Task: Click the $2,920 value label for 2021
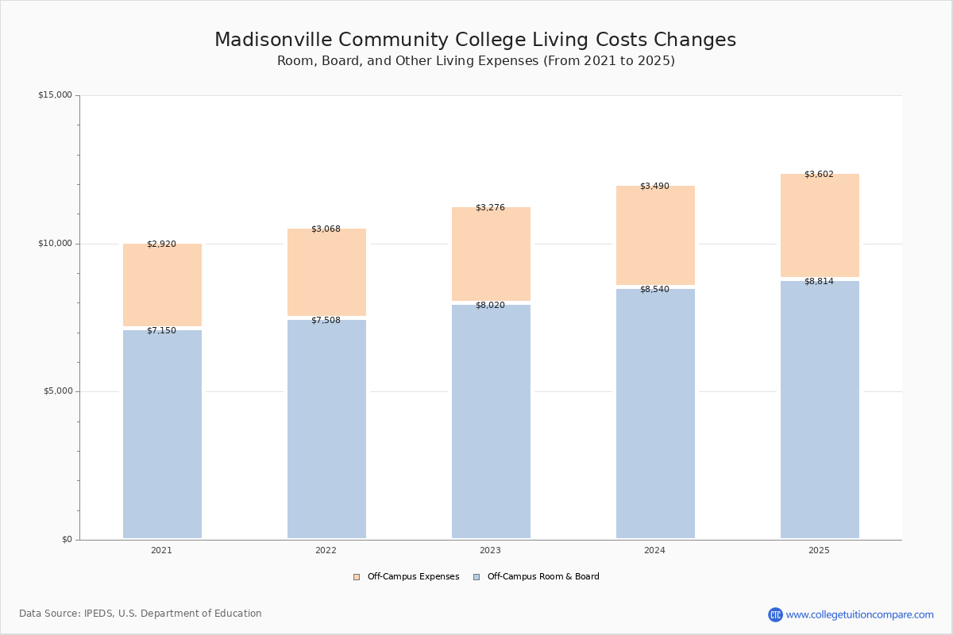pos(161,244)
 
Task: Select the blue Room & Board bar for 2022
pos(326,429)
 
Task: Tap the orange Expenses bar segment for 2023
pos(491,254)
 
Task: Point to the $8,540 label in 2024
pos(654,289)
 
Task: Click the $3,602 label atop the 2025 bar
pos(819,174)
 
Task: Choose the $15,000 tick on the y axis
pos(55,94)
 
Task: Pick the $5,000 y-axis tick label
pos(58,391)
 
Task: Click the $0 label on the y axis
pos(68,540)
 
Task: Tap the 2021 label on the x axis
pos(161,550)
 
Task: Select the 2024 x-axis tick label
pos(654,550)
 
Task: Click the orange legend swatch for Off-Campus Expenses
pos(357,577)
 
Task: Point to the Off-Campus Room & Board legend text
pos(543,576)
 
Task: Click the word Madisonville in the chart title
pos(273,40)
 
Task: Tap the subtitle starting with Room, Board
pos(476,61)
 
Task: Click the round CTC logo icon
pos(775,614)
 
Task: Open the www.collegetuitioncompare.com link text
pos(859,614)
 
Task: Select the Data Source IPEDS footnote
pos(141,614)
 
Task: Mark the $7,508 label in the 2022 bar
pos(326,320)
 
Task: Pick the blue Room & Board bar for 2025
pos(820,410)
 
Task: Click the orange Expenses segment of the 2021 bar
pos(163,285)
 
